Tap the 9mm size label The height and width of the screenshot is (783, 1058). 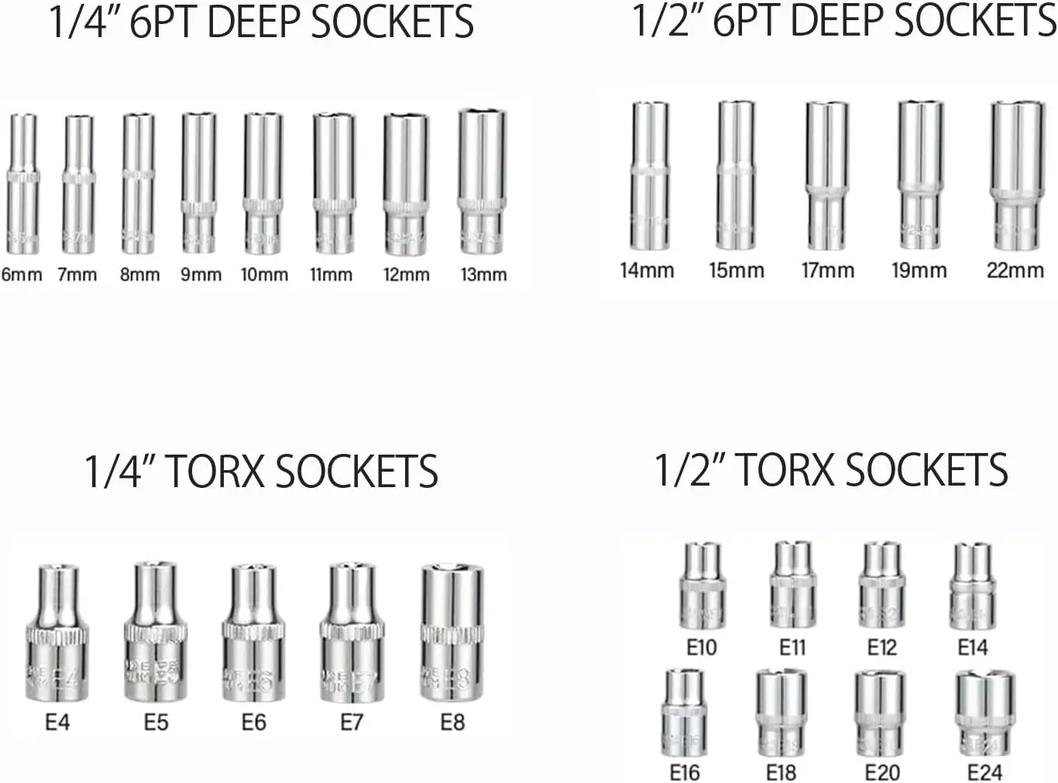coord(201,274)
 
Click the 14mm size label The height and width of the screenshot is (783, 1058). coord(647,270)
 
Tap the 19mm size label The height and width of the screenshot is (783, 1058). coord(919,270)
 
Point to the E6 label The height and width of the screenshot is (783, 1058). coord(253,723)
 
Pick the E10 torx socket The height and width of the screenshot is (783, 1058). coord(702,586)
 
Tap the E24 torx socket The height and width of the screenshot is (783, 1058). coord(984,713)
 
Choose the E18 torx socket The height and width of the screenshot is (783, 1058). coord(781,713)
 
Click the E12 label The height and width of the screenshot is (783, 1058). coord(881,647)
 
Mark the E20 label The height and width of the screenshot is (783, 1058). coord(882,772)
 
